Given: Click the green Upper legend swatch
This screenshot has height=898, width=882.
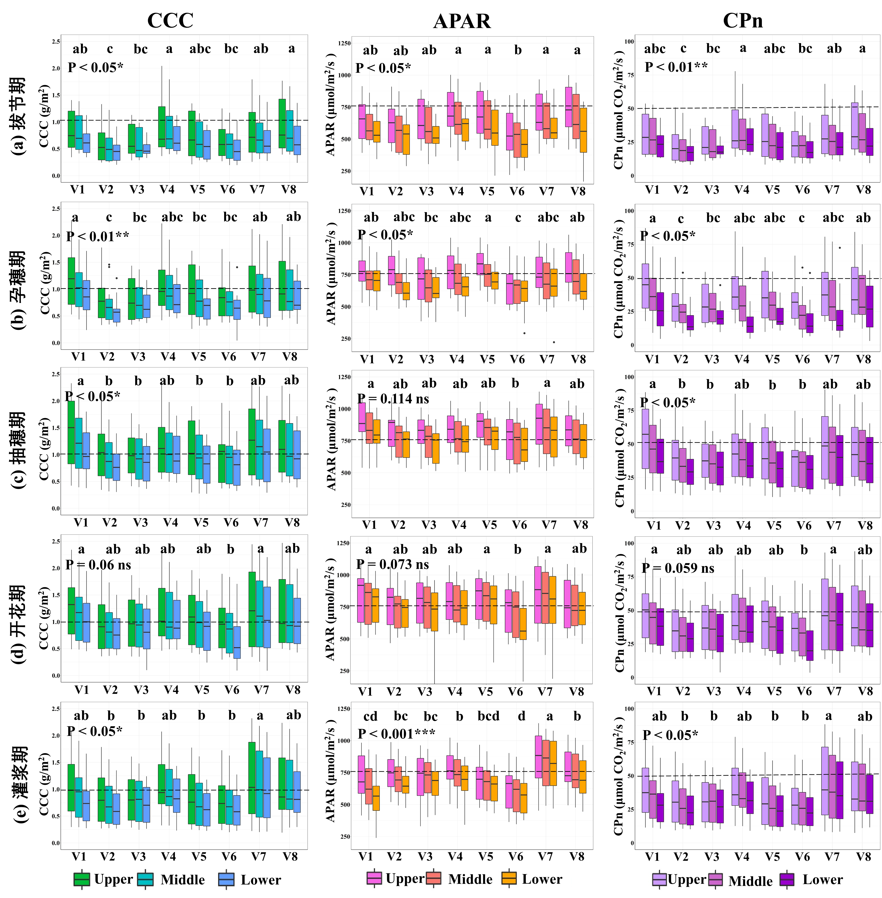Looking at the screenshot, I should point(82,879).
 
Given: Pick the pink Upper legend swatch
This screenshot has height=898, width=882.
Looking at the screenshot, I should point(374,878).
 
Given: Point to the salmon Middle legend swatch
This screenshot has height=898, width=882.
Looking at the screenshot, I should point(434,878).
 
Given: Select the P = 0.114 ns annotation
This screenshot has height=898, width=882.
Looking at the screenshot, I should point(393,399).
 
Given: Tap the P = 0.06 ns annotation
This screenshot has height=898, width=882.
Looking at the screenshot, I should point(98,565).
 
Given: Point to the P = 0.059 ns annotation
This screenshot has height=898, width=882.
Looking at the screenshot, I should point(678,568).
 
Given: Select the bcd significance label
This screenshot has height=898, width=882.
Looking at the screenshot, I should point(488,716).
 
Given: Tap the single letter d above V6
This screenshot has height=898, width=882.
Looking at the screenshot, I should point(522,716).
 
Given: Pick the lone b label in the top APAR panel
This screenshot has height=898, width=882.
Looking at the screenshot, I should point(518,50).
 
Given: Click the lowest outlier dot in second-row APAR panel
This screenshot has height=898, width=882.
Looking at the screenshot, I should point(554,342).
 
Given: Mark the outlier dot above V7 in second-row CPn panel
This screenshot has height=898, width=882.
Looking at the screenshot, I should point(840,248).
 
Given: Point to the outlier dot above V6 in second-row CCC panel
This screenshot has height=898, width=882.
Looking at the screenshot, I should point(237,267).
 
